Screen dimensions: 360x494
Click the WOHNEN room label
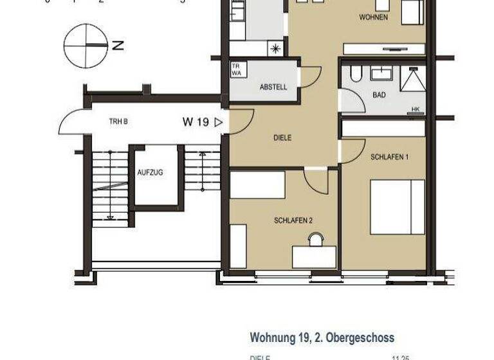[373, 17]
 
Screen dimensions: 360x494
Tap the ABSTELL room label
[273, 87]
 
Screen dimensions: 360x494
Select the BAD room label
[379, 95]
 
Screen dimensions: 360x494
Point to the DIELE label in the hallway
[282, 138]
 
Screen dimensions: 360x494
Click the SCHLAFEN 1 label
[389, 157]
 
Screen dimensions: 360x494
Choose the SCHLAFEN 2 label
[293, 221]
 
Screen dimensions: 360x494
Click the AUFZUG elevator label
[151, 173]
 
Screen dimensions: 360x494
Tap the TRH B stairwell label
[118, 122]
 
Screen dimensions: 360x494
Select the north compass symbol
[86, 45]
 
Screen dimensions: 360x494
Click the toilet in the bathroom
[356, 75]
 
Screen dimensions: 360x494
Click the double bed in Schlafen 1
[397, 207]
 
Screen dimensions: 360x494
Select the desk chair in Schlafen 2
[315, 240]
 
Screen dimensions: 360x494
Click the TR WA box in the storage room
[237, 70]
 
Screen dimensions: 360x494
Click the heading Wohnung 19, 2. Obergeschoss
[322, 337]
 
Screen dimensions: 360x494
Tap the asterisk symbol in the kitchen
[276, 48]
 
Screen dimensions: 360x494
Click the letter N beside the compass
[117, 45]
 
